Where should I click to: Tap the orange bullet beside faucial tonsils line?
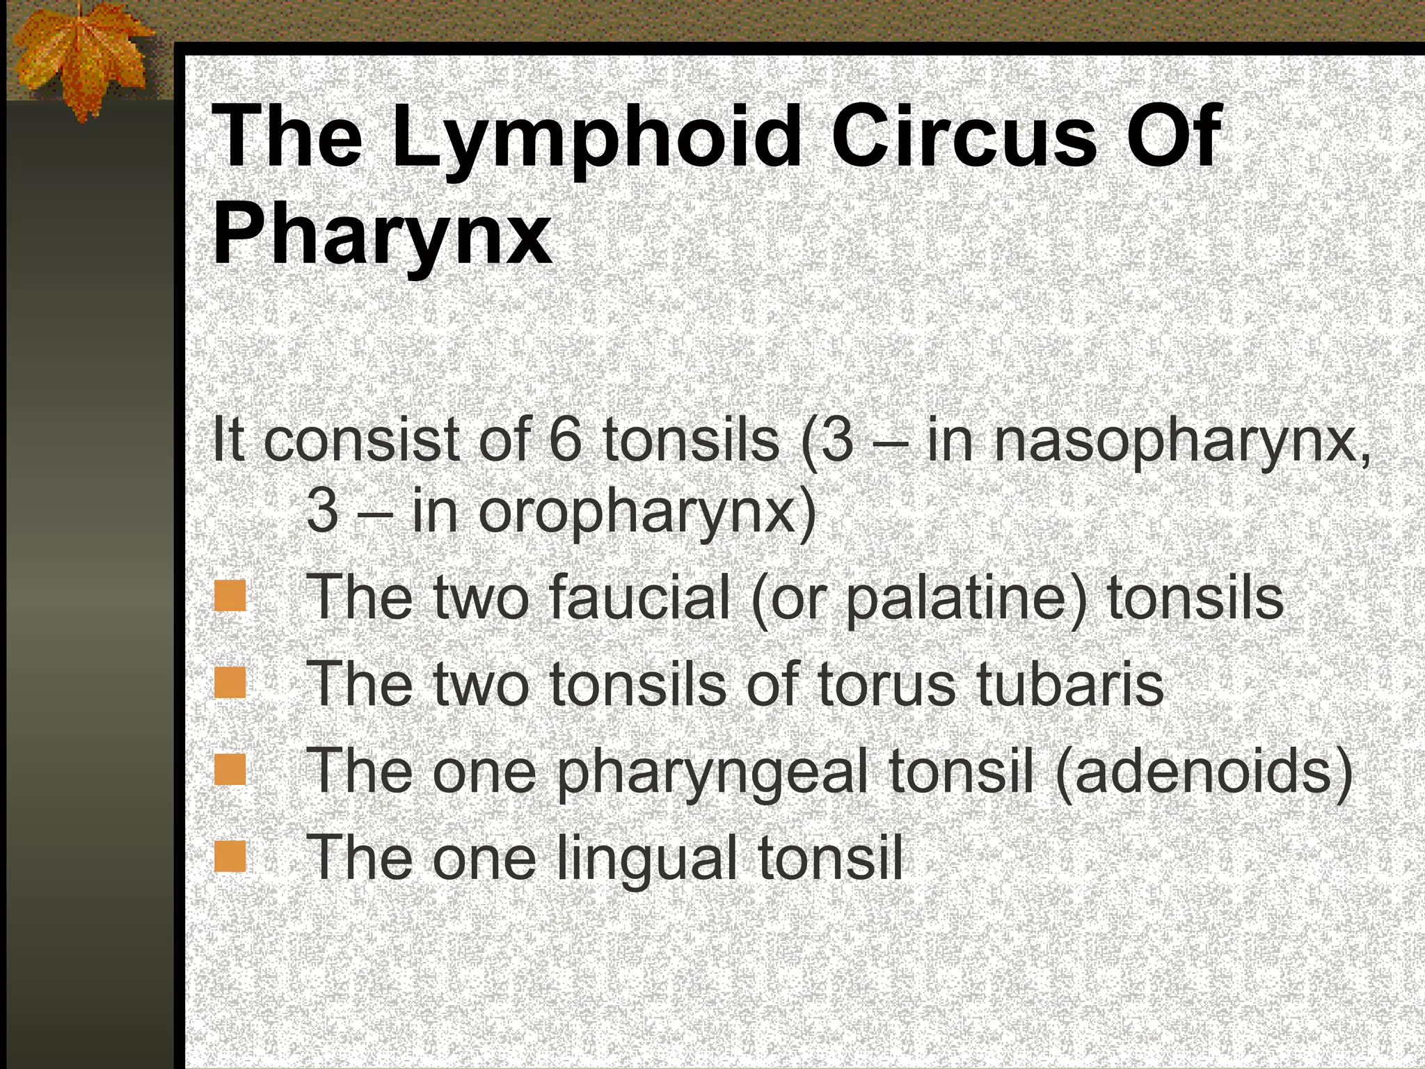(230, 596)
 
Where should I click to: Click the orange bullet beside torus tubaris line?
(230, 683)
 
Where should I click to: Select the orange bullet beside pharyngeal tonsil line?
(230, 770)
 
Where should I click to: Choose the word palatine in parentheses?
(956, 599)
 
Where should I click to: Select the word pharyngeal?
(712, 773)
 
